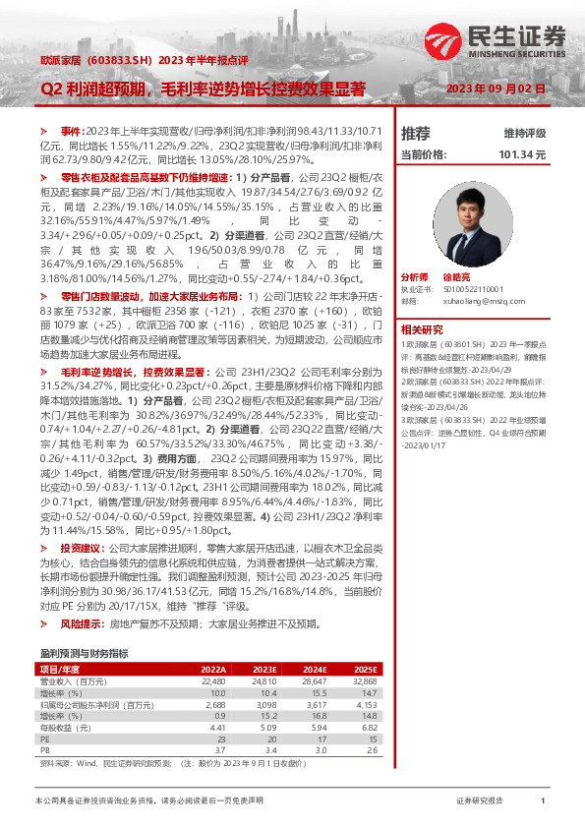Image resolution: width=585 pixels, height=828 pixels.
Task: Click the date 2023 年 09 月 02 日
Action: coord(495,89)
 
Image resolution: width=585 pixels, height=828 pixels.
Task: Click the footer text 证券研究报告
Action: coord(481,801)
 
